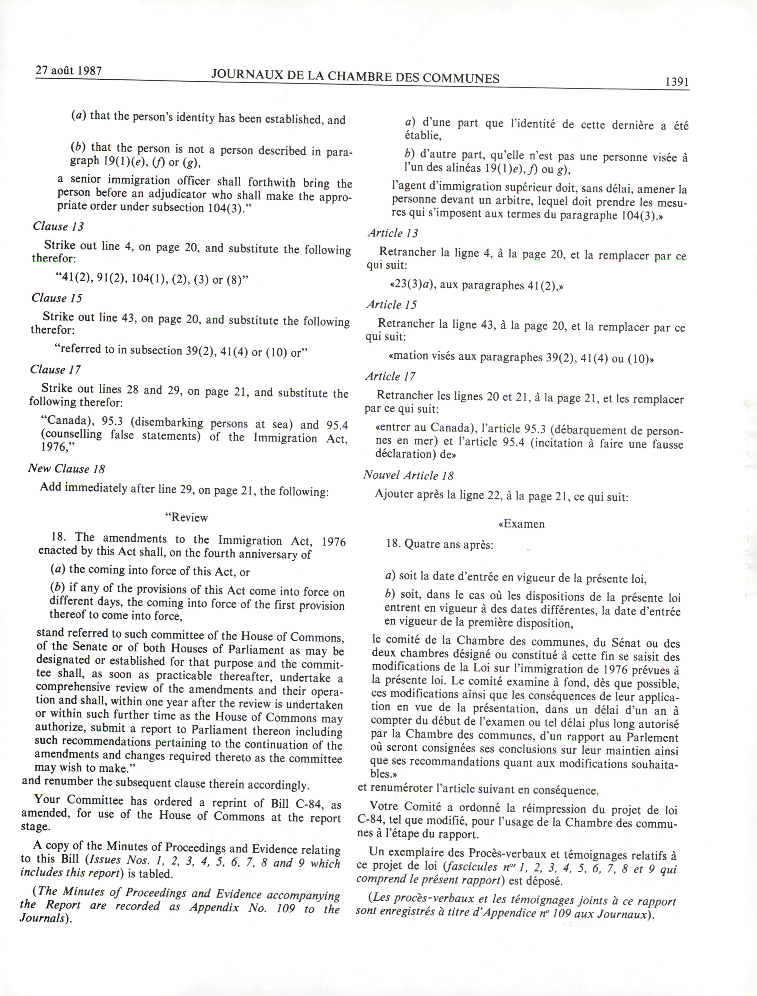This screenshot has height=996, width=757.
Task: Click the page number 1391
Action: point(676,82)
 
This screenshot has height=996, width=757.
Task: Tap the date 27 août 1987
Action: point(68,70)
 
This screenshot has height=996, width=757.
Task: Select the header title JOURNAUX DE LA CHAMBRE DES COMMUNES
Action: point(355,76)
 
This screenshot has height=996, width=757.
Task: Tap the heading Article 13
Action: point(393,233)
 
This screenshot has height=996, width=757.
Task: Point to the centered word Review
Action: point(187,517)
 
